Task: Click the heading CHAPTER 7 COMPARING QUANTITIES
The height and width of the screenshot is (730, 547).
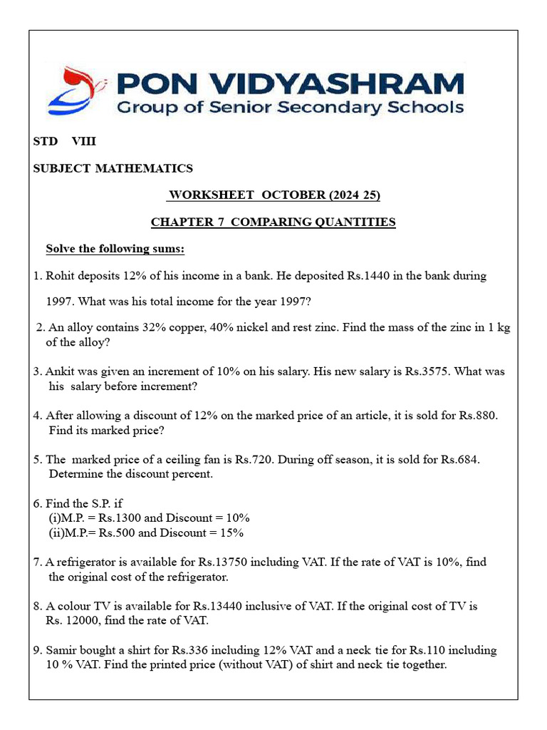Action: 273,222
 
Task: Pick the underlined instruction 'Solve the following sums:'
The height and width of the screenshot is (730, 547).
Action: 115,249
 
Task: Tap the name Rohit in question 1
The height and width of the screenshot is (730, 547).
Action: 61,276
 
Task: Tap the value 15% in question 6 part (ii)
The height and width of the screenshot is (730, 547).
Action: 231,533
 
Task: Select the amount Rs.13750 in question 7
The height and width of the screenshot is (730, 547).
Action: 222,562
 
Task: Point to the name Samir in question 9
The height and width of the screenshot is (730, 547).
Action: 61,650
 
